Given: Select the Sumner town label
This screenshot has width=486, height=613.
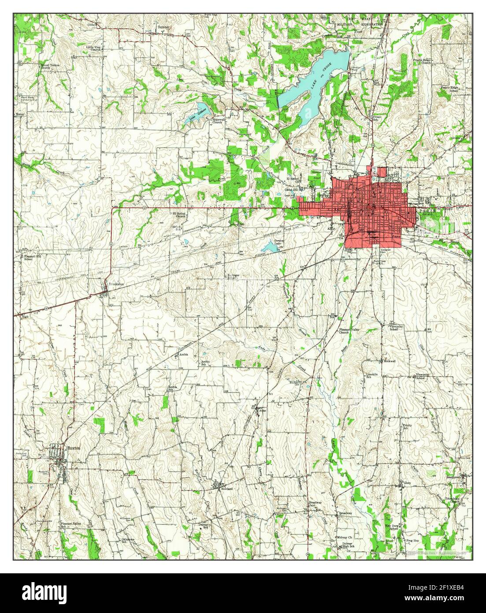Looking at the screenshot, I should (x=163, y=27).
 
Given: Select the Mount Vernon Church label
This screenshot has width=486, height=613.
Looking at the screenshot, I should (x=50, y=67).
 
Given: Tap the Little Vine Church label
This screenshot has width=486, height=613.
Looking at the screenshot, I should (x=93, y=48).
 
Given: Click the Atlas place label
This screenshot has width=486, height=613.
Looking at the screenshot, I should (x=263, y=410).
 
